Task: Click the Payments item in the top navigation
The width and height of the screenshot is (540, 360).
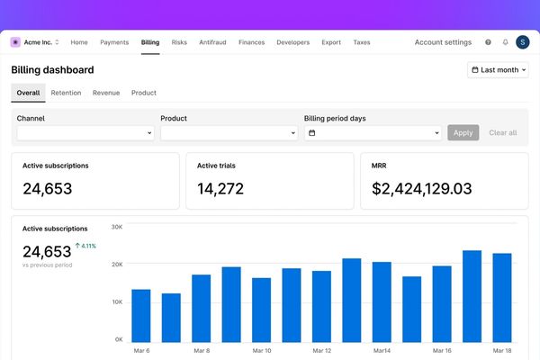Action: (x=114, y=42)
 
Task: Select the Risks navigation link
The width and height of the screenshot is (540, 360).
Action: (x=179, y=42)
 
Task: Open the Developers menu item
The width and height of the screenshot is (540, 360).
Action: (x=293, y=42)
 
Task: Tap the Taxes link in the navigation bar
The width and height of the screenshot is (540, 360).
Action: (x=362, y=42)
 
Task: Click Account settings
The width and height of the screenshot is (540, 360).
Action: (x=443, y=42)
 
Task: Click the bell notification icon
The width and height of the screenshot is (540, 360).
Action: (x=505, y=42)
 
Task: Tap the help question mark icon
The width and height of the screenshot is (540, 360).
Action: (x=488, y=42)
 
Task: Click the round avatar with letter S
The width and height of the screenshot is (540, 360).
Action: (x=522, y=42)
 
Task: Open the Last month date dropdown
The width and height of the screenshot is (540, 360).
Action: (x=498, y=70)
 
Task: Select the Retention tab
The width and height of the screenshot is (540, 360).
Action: (x=66, y=93)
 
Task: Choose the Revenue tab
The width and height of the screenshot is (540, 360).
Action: (x=106, y=93)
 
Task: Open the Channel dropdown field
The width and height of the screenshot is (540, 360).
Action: (x=85, y=133)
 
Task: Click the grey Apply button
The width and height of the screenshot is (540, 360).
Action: (x=463, y=132)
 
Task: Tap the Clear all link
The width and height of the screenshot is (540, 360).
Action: (x=503, y=132)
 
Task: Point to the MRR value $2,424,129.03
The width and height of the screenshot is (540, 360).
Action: (x=421, y=189)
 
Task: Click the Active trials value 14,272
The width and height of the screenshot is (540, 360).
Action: (x=220, y=189)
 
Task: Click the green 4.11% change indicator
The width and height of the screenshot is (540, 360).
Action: (x=85, y=246)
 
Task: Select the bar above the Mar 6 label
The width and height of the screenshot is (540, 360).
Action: (x=141, y=316)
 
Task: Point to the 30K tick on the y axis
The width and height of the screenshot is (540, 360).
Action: (x=117, y=227)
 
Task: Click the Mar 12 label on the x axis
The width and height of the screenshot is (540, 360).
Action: (x=321, y=351)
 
